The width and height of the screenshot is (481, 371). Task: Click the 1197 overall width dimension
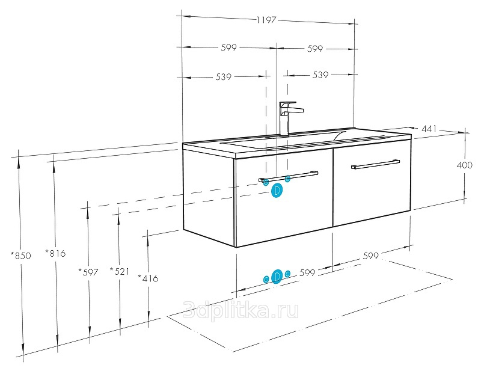(x=266, y=20)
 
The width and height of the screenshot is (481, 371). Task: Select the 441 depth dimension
(x=429, y=129)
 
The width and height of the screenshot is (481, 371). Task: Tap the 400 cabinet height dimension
(x=464, y=165)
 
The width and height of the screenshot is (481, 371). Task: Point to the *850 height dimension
(x=21, y=256)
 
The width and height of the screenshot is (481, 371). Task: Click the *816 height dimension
(x=55, y=253)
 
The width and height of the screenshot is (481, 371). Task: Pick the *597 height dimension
(x=88, y=272)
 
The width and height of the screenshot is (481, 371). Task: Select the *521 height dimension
(x=120, y=271)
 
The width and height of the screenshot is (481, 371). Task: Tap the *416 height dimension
(x=148, y=278)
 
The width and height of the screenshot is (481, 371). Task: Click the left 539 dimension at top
(x=223, y=77)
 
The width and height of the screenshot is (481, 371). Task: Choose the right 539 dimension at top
(x=320, y=75)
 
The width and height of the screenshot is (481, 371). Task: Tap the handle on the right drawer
(x=375, y=164)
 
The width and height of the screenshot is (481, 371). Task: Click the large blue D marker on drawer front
(x=277, y=190)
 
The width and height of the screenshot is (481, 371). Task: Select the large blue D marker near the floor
(x=277, y=277)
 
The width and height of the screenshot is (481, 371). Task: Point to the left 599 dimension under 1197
(x=229, y=48)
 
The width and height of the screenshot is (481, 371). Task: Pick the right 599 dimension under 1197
(x=315, y=49)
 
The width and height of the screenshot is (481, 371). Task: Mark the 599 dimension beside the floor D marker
(x=307, y=272)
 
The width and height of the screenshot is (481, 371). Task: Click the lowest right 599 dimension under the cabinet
(x=371, y=256)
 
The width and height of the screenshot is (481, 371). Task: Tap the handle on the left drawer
(x=288, y=177)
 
